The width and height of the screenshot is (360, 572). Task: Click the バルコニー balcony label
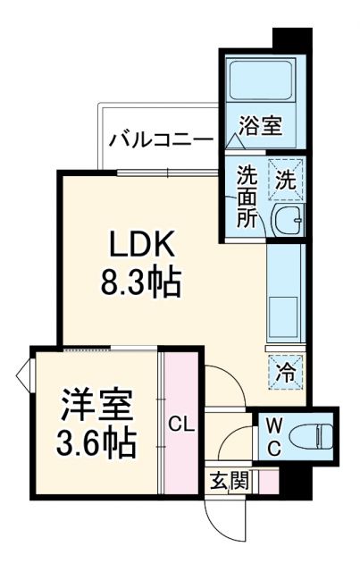pos(161,140)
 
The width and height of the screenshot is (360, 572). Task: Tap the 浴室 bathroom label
pos(263,125)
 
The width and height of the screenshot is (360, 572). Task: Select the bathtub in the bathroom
pos(263,81)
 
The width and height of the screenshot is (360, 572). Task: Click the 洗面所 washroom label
pos(246,197)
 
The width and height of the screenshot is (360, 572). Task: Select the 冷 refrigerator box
pos(287,370)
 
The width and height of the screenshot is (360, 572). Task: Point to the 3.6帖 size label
pos(96,442)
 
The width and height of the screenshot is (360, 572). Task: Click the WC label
pos(273,436)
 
